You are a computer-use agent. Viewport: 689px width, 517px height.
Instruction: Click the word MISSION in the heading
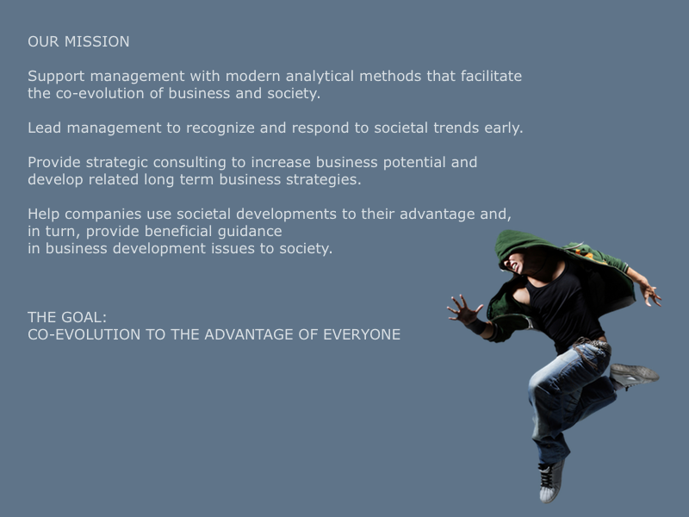pyautogui.click(x=96, y=41)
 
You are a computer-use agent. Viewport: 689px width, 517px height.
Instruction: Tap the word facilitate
pyautogui.click(x=491, y=76)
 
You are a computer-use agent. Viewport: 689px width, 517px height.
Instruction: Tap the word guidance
pyautogui.click(x=250, y=231)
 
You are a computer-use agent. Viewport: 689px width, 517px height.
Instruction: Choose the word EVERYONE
pyautogui.click(x=362, y=334)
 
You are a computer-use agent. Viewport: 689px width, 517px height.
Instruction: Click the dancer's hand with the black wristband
pyautogui.click(x=466, y=311)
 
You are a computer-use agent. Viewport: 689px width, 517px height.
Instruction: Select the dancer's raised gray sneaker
pyautogui.click(x=634, y=375)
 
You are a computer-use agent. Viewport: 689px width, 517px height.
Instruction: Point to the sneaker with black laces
pyautogui.click(x=551, y=481)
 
